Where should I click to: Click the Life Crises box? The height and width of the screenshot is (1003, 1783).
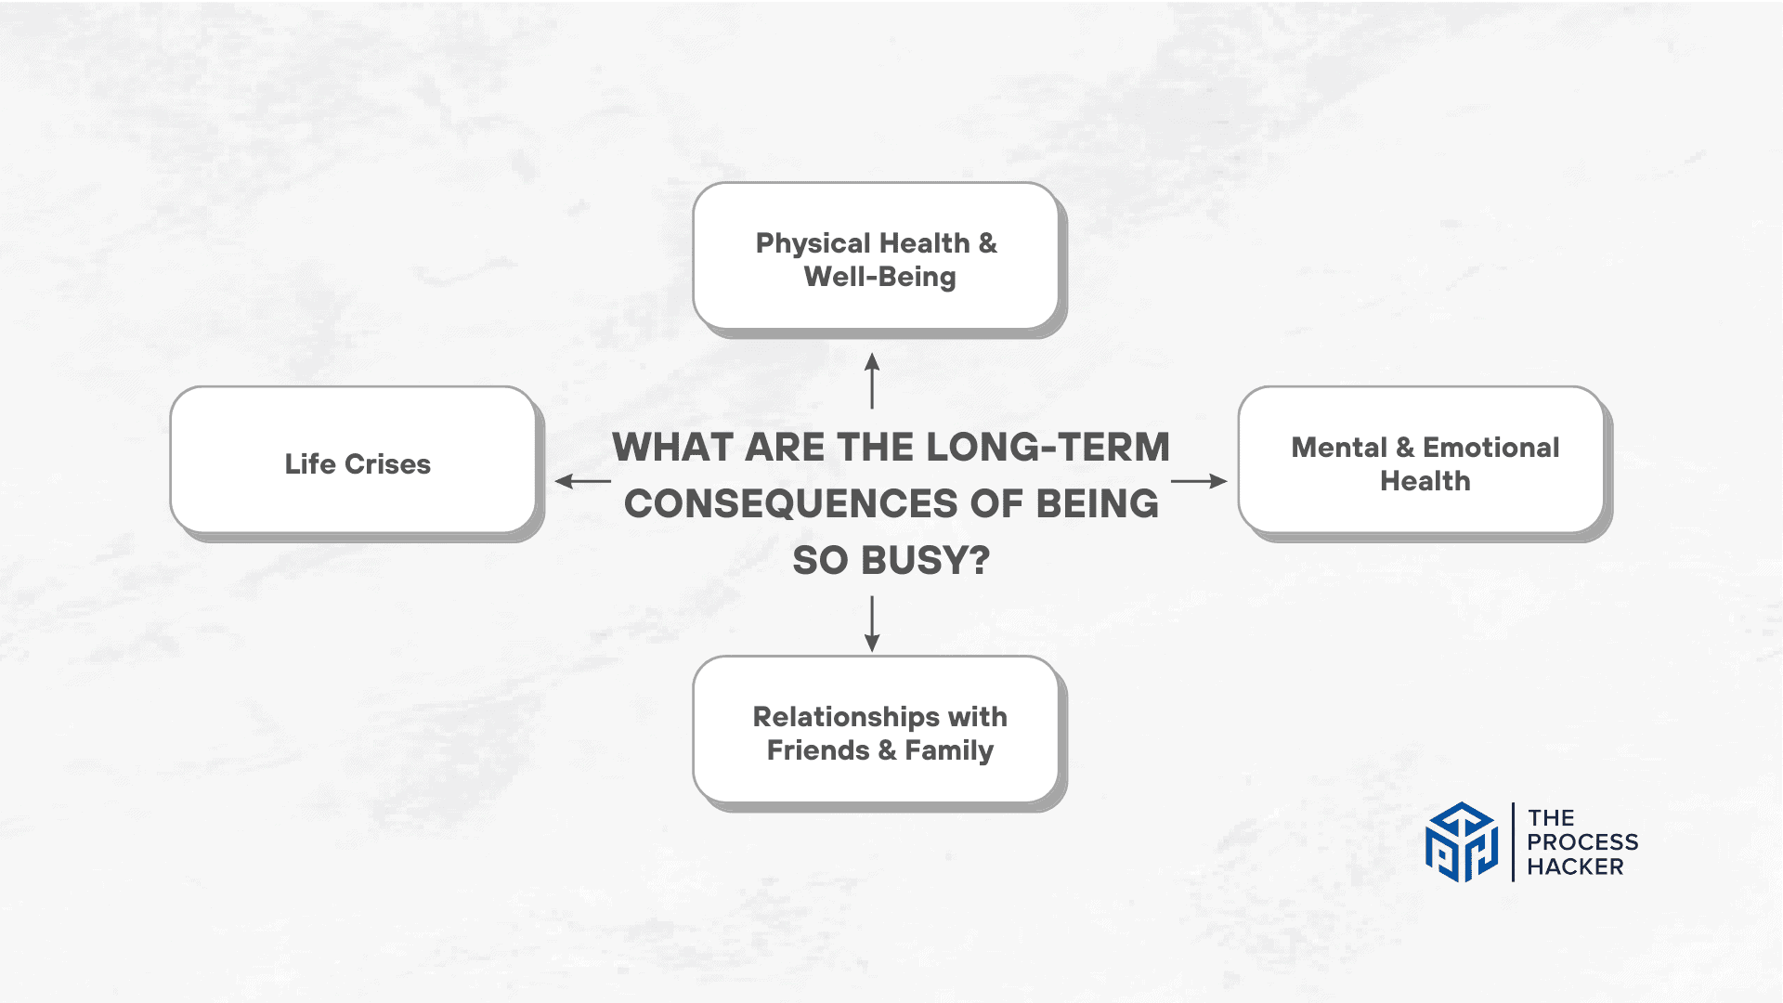(x=353, y=461)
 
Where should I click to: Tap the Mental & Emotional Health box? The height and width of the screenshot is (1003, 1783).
(x=1422, y=461)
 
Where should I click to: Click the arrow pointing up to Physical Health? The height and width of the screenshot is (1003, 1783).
(x=872, y=381)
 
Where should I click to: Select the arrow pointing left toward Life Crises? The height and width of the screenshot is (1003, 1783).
(x=582, y=481)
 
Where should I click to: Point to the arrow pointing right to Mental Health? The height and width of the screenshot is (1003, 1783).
(x=1199, y=481)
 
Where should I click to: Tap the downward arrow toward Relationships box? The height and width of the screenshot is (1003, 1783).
(x=872, y=624)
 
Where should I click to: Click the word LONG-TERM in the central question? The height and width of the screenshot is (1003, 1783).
(x=1048, y=448)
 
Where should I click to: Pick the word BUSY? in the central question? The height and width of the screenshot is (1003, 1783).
(x=925, y=561)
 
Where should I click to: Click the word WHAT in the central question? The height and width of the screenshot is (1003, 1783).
(x=672, y=448)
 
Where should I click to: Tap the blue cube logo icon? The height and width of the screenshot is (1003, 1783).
(x=1462, y=842)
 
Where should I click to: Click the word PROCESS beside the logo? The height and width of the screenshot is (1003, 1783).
(x=1582, y=842)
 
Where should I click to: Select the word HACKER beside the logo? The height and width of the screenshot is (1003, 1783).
(x=1575, y=866)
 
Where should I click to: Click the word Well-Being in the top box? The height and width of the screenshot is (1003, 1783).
(x=879, y=277)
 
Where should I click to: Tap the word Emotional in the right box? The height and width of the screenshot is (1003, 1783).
(x=1490, y=448)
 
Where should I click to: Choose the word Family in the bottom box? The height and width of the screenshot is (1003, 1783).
(x=949, y=750)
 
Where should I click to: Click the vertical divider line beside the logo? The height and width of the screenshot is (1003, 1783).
(x=1513, y=842)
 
